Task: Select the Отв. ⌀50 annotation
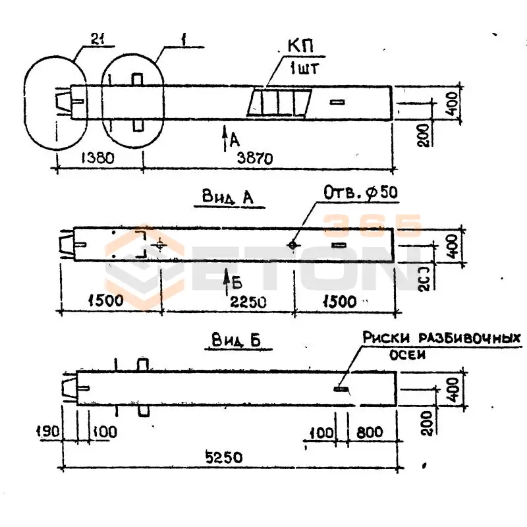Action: click(361, 192)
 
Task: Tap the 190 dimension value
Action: click(48, 432)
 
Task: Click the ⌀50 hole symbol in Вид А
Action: click(292, 245)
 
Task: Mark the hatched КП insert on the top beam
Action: click(280, 103)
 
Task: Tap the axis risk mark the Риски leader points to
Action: click(341, 389)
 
